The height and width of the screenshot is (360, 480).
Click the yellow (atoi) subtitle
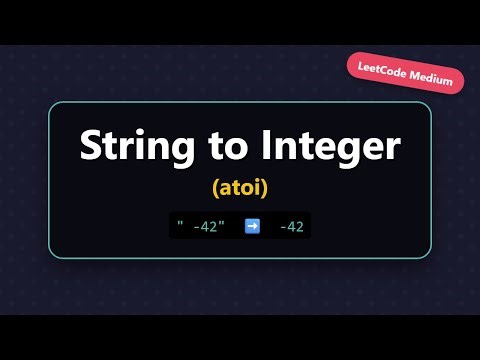(x=240, y=186)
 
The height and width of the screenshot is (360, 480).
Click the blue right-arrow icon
(x=252, y=226)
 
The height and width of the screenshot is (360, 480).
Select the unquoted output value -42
(x=291, y=226)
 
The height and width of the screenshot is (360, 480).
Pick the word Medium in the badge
(x=433, y=78)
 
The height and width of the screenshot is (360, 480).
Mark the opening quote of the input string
(x=180, y=223)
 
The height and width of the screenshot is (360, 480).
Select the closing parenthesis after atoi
(x=267, y=187)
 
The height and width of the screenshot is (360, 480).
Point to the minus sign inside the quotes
(x=197, y=226)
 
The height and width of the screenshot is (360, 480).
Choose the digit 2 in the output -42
(x=300, y=226)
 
